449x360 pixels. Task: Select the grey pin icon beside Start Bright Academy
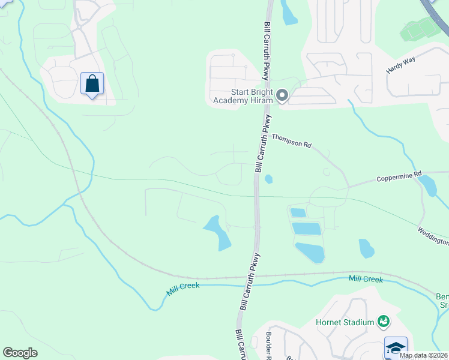282,95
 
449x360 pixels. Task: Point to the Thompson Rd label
292,141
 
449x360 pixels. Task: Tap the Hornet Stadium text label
345,322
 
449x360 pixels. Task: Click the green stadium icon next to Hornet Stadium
383,322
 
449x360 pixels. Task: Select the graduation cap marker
396,347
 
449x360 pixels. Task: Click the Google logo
20,353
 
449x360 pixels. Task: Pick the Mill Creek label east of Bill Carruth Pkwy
366,279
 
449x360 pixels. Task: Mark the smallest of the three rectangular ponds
298,212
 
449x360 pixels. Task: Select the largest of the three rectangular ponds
310,253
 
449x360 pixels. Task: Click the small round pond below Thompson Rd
268,178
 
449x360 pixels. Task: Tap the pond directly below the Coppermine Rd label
427,186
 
